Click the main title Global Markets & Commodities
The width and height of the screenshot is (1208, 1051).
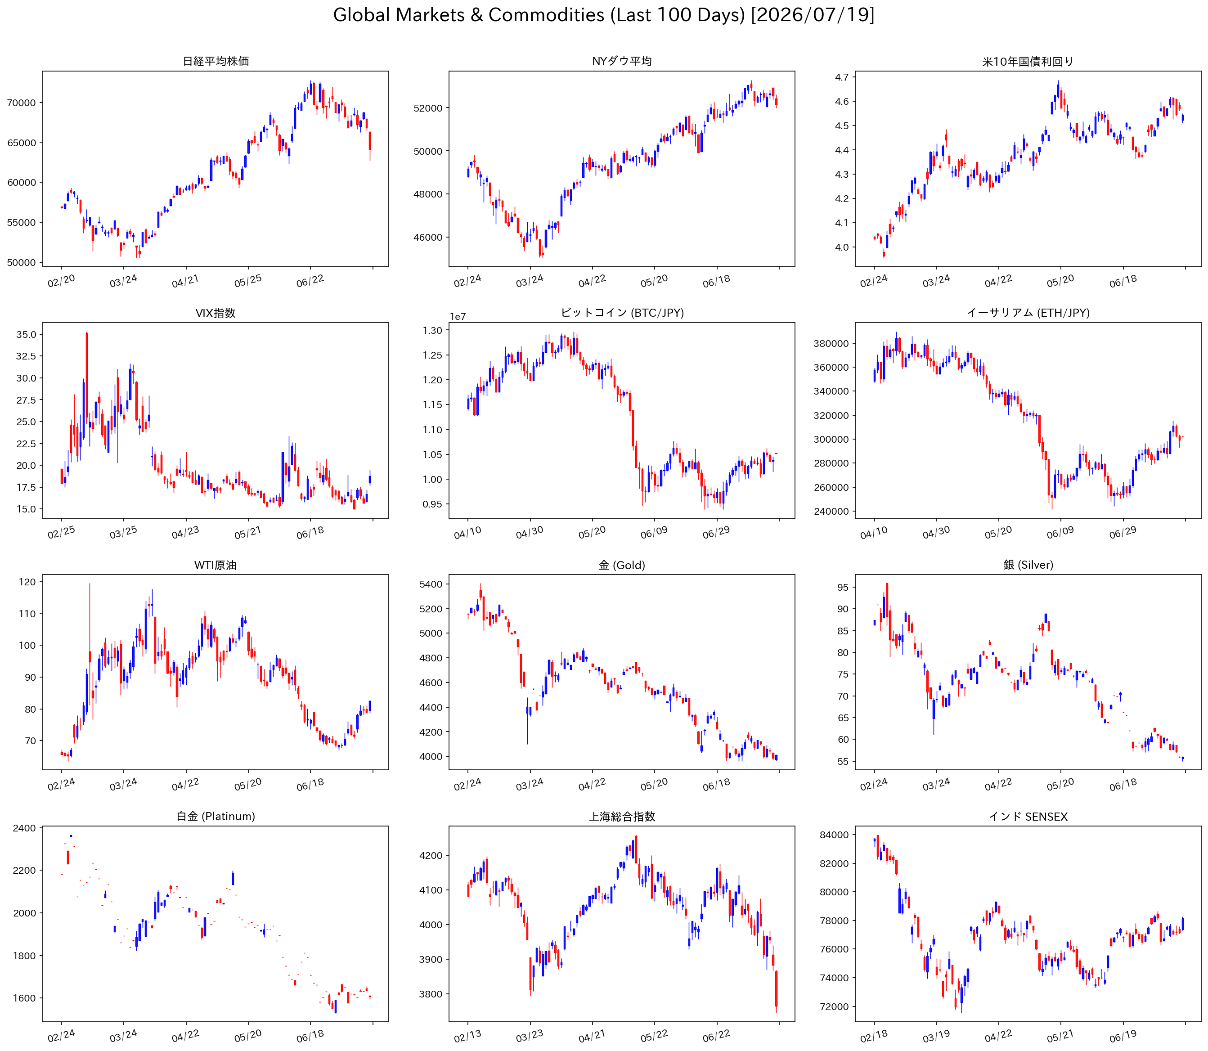[468, 15]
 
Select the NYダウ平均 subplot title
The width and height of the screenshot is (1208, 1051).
[622, 61]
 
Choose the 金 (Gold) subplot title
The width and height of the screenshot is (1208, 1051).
[622, 565]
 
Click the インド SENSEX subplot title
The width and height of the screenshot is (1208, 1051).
[1028, 817]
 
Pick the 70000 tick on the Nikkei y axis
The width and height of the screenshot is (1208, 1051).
[21, 103]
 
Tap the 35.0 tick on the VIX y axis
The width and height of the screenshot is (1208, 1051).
[26, 334]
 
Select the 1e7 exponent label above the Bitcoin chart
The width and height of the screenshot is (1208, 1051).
[458, 317]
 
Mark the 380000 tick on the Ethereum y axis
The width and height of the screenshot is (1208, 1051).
[831, 343]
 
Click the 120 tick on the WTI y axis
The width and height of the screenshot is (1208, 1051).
[27, 582]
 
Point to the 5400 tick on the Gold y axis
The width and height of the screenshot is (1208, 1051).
[431, 584]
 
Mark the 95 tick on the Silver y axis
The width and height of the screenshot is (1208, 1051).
[843, 587]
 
